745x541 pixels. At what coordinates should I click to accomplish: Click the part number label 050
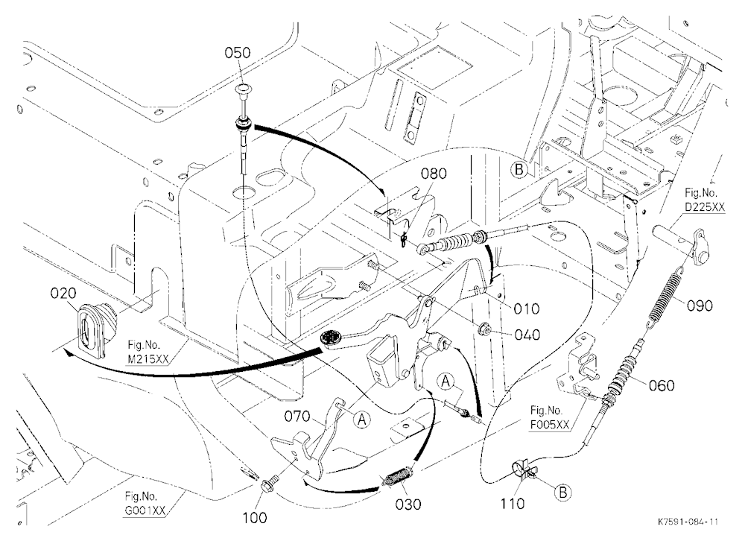[x=237, y=52]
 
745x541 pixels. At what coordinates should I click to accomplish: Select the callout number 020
[x=63, y=294]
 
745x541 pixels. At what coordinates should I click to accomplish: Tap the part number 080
[x=434, y=174]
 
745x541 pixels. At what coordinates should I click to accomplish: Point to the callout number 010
[x=527, y=309]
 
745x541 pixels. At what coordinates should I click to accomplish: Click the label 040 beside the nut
[x=527, y=335]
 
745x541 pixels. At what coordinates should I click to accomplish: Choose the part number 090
[x=700, y=306]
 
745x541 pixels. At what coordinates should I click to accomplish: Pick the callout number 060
[x=662, y=385]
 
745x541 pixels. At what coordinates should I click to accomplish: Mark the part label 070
[x=297, y=417]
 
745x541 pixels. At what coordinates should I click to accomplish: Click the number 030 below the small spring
[x=408, y=504]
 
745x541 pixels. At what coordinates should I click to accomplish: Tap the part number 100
[x=255, y=518]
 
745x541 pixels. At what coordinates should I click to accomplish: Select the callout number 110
[x=513, y=504]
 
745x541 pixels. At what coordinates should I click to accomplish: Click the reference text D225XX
[x=705, y=207]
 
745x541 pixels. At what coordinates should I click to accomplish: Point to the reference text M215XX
[x=148, y=359]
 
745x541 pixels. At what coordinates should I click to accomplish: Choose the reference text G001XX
[x=145, y=510]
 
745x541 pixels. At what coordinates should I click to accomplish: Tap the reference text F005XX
[x=551, y=425]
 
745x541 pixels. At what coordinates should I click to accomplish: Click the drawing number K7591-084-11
[x=688, y=522]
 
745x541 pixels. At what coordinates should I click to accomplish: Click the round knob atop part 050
[x=244, y=89]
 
